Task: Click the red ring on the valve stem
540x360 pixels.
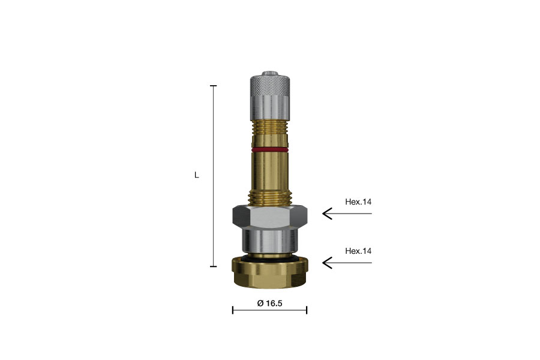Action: tap(269, 149)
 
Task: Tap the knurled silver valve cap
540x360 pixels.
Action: tap(269, 97)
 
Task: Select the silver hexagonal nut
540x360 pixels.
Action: tap(269, 217)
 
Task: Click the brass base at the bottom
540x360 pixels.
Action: tap(269, 273)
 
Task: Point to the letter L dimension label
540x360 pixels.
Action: tap(197, 175)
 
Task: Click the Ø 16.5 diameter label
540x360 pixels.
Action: tap(269, 303)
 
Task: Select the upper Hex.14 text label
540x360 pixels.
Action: tap(358, 202)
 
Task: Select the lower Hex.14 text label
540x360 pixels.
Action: tap(358, 251)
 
